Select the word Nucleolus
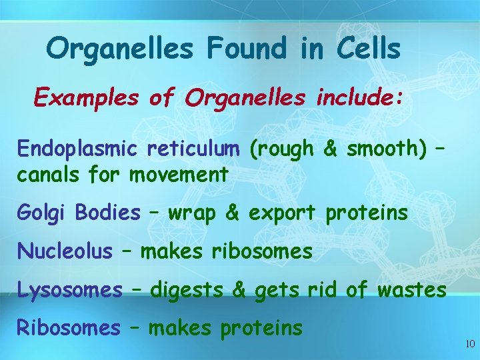click(65, 251)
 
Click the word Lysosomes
click(69, 290)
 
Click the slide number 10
click(469, 344)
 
